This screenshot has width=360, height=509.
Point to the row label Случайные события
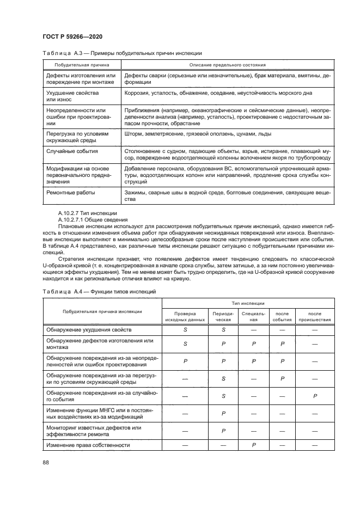72,151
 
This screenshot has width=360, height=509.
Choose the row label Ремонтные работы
71,193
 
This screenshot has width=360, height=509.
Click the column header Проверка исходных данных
185,316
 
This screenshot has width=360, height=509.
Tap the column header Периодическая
223,316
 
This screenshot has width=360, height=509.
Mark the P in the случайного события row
314,396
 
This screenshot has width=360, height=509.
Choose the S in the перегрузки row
223,378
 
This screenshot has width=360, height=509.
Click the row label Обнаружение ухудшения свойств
88,330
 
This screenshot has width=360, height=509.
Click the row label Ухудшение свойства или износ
69,96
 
